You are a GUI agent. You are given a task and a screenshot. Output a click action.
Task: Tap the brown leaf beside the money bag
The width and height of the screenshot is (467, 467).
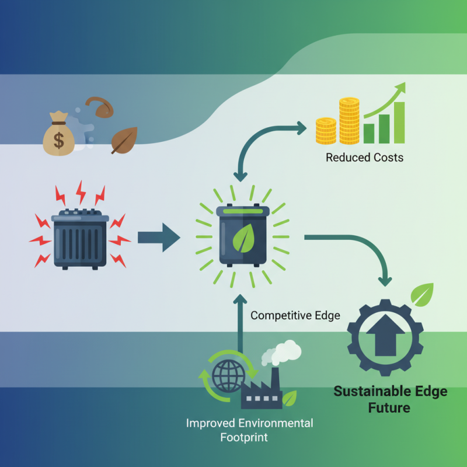pyautogui.click(x=124, y=140)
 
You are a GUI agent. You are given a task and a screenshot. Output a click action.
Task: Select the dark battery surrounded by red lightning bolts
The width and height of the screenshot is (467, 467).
pyautogui.click(x=81, y=238)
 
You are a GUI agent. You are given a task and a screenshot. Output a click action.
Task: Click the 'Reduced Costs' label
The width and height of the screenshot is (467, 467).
pyautogui.click(x=364, y=158)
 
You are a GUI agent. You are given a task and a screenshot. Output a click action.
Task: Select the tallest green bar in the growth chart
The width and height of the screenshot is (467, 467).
pyautogui.click(x=399, y=123)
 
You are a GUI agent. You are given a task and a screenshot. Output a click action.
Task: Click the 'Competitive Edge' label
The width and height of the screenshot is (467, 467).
pyautogui.click(x=295, y=316)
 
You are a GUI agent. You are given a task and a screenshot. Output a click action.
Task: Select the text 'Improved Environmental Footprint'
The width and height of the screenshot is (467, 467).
pyautogui.click(x=249, y=430)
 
